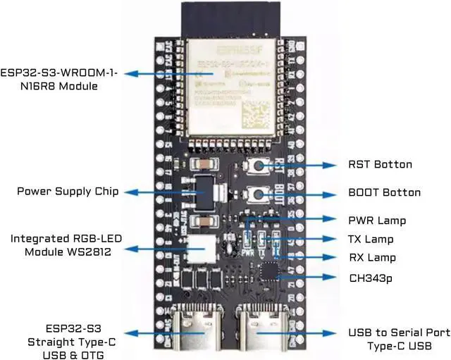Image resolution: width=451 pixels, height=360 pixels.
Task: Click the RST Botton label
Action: [x=380, y=164]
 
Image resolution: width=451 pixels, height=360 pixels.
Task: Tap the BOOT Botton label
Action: [x=384, y=192]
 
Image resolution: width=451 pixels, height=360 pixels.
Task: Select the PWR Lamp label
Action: [x=376, y=221]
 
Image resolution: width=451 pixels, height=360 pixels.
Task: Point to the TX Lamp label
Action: [x=371, y=240]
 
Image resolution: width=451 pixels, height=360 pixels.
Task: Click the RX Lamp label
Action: [x=372, y=258]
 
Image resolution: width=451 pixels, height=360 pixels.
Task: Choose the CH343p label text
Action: [x=371, y=278]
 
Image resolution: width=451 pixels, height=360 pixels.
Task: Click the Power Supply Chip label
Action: [x=68, y=192]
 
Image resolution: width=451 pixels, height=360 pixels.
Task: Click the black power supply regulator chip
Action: [x=202, y=190]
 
